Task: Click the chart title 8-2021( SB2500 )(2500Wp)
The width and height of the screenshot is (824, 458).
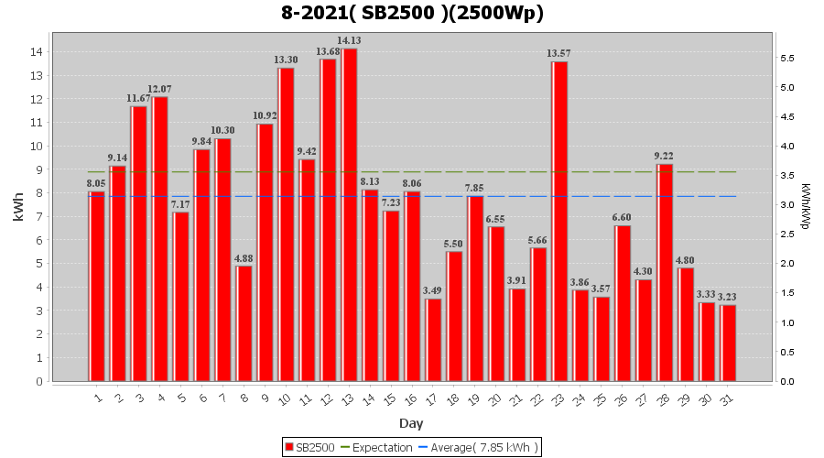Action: click(x=412, y=14)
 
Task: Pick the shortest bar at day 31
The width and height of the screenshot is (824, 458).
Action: click(x=728, y=343)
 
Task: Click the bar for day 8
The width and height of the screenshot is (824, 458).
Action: click(x=244, y=323)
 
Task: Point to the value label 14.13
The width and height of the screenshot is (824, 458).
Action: click(x=350, y=41)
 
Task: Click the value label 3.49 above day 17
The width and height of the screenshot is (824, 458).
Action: click(x=433, y=291)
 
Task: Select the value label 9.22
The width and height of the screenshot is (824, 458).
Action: click(x=664, y=157)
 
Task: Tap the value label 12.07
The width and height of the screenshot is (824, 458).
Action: click(x=160, y=89)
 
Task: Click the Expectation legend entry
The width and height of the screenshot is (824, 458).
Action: click(x=376, y=447)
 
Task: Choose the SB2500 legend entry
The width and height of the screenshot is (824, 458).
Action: click(x=309, y=447)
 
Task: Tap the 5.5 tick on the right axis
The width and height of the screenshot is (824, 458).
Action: click(x=787, y=59)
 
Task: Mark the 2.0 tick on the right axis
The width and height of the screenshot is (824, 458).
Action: click(x=787, y=264)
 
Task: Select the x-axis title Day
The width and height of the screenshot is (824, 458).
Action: click(x=411, y=423)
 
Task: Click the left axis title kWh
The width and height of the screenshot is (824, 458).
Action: click(x=19, y=209)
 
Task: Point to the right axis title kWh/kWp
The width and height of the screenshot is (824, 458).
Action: click(x=805, y=206)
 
